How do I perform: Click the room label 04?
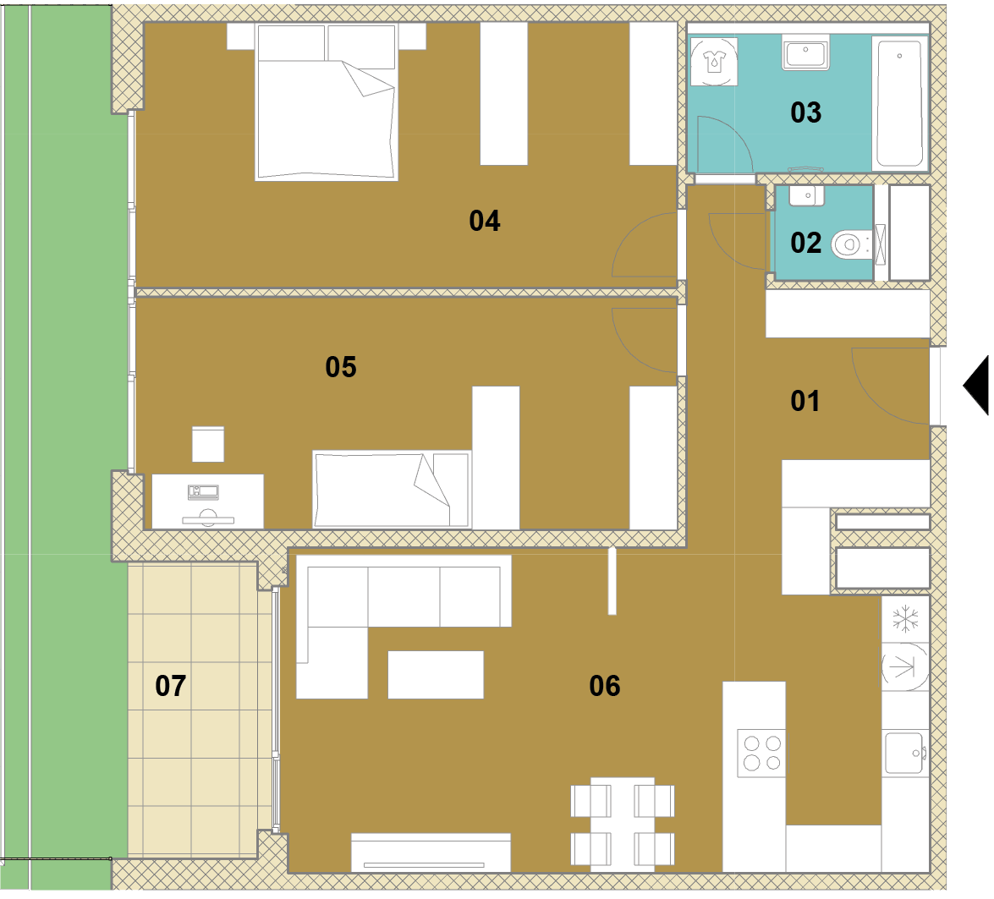[485, 221]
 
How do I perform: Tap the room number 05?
[341, 367]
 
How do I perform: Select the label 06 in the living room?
[605, 686]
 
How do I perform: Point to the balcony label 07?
[171, 686]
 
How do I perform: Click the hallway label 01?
[805, 401]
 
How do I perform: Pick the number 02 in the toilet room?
[805, 244]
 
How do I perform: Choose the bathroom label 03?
[805, 112]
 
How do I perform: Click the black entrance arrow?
[977, 385]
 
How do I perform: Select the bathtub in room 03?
[900, 102]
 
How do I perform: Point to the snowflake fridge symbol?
[905, 619]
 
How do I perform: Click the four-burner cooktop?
[761, 754]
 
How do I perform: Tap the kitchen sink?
[904, 754]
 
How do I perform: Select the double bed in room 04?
[327, 102]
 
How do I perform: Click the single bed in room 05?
[392, 489]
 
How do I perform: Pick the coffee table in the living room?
[436, 675]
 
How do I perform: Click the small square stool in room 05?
[208, 444]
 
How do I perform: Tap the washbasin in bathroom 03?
[805, 54]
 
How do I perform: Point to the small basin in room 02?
[806, 195]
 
